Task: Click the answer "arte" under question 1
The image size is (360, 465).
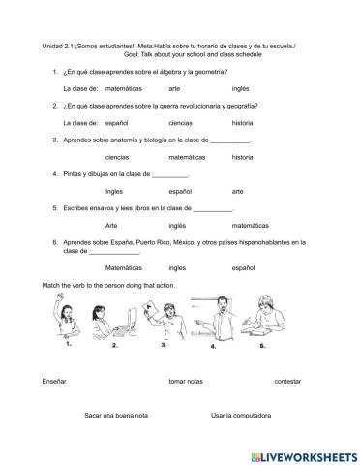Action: pos(175,88)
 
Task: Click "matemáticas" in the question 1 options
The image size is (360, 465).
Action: pos(123,88)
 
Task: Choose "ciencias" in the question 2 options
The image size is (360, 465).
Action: pos(180,123)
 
